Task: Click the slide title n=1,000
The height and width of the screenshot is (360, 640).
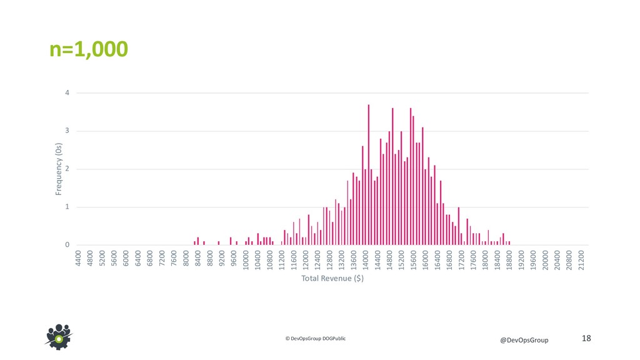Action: pyautogui.click(x=89, y=49)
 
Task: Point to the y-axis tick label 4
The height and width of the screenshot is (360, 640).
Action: pyautogui.click(x=67, y=93)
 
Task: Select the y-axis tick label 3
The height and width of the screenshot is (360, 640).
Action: pyautogui.click(x=67, y=131)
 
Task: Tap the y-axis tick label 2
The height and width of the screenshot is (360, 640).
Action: pyautogui.click(x=67, y=169)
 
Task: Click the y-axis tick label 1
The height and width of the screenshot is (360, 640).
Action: pyautogui.click(x=67, y=207)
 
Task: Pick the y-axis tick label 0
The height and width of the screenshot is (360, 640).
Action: pyautogui.click(x=67, y=245)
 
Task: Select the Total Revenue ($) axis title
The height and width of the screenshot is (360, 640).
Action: pyautogui.click(x=332, y=278)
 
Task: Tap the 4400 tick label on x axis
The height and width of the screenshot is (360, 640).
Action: pyautogui.click(x=78, y=258)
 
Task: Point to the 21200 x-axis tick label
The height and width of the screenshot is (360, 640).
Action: pyautogui.click(x=582, y=259)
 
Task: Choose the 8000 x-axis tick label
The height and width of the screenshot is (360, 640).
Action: pyautogui.click(x=186, y=258)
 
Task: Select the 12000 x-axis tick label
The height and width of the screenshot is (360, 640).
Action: pyautogui.click(x=306, y=259)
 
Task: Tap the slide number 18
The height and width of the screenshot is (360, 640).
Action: pyautogui.click(x=586, y=338)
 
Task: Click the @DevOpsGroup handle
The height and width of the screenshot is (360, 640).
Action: pyautogui.click(x=524, y=340)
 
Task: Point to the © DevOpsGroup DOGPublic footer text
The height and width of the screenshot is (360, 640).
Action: pyautogui.click(x=315, y=338)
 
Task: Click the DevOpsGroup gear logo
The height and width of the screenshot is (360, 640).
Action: pyautogui.click(x=59, y=336)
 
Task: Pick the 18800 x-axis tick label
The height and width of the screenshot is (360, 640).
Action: pyautogui.click(x=510, y=259)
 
